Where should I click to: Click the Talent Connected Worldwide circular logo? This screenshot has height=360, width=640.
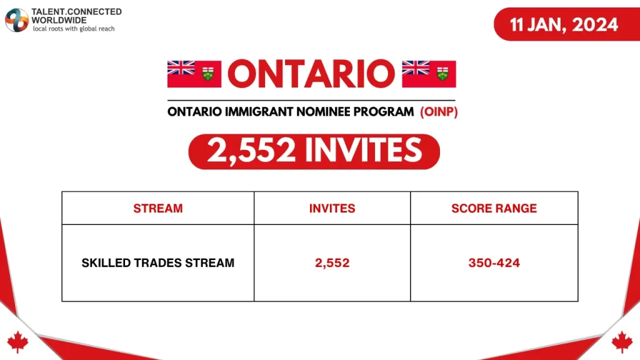pyautogui.click(x=17, y=20)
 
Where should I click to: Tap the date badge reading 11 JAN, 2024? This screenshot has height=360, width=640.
pyautogui.click(x=564, y=24)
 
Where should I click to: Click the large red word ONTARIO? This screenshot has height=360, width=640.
pyautogui.click(x=311, y=74)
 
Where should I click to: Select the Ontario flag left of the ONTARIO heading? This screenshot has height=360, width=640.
pyautogui.click(x=194, y=74)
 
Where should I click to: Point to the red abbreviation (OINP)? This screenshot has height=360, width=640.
pyautogui.click(x=439, y=112)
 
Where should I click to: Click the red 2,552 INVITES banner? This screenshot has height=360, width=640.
pyautogui.click(x=314, y=151)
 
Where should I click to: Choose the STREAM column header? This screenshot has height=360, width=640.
pyautogui.click(x=157, y=208)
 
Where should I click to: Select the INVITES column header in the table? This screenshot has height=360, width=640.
pyautogui.click(x=332, y=208)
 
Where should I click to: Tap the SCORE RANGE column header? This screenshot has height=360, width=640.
pyautogui.click(x=494, y=208)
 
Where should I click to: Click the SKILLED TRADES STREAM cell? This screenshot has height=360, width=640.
pyautogui.click(x=157, y=263)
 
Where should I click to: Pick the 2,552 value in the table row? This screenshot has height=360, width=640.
pyautogui.click(x=332, y=263)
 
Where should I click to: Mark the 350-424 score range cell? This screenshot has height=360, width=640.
pyautogui.click(x=494, y=263)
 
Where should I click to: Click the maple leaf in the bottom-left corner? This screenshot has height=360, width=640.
pyautogui.click(x=17, y=341)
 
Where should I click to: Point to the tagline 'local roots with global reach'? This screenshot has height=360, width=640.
pyautogui.click(x=74, y=29)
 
